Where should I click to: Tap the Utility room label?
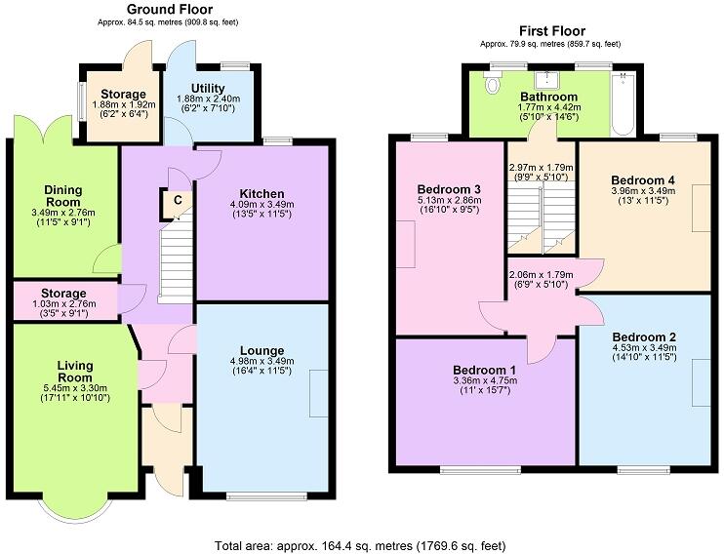pyautogui.click(x=208, y=89)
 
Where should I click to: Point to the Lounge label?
pyautogui.click(x=261, y=350)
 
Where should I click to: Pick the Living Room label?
pyautogui.click(x=74, y=373)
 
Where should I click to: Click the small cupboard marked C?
pyautogui.click(x=178, y=200)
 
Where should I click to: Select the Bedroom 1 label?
pyautogui.click(x=484, y=371)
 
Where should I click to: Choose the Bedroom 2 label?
pyautogui.click(x=643, y=337)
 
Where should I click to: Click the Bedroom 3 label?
pyautogui.click(x=449, y=188)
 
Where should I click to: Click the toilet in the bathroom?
pyautogui.click(x=491, y=86)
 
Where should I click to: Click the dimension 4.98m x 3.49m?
pyautogui.click(x=261, y=361)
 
